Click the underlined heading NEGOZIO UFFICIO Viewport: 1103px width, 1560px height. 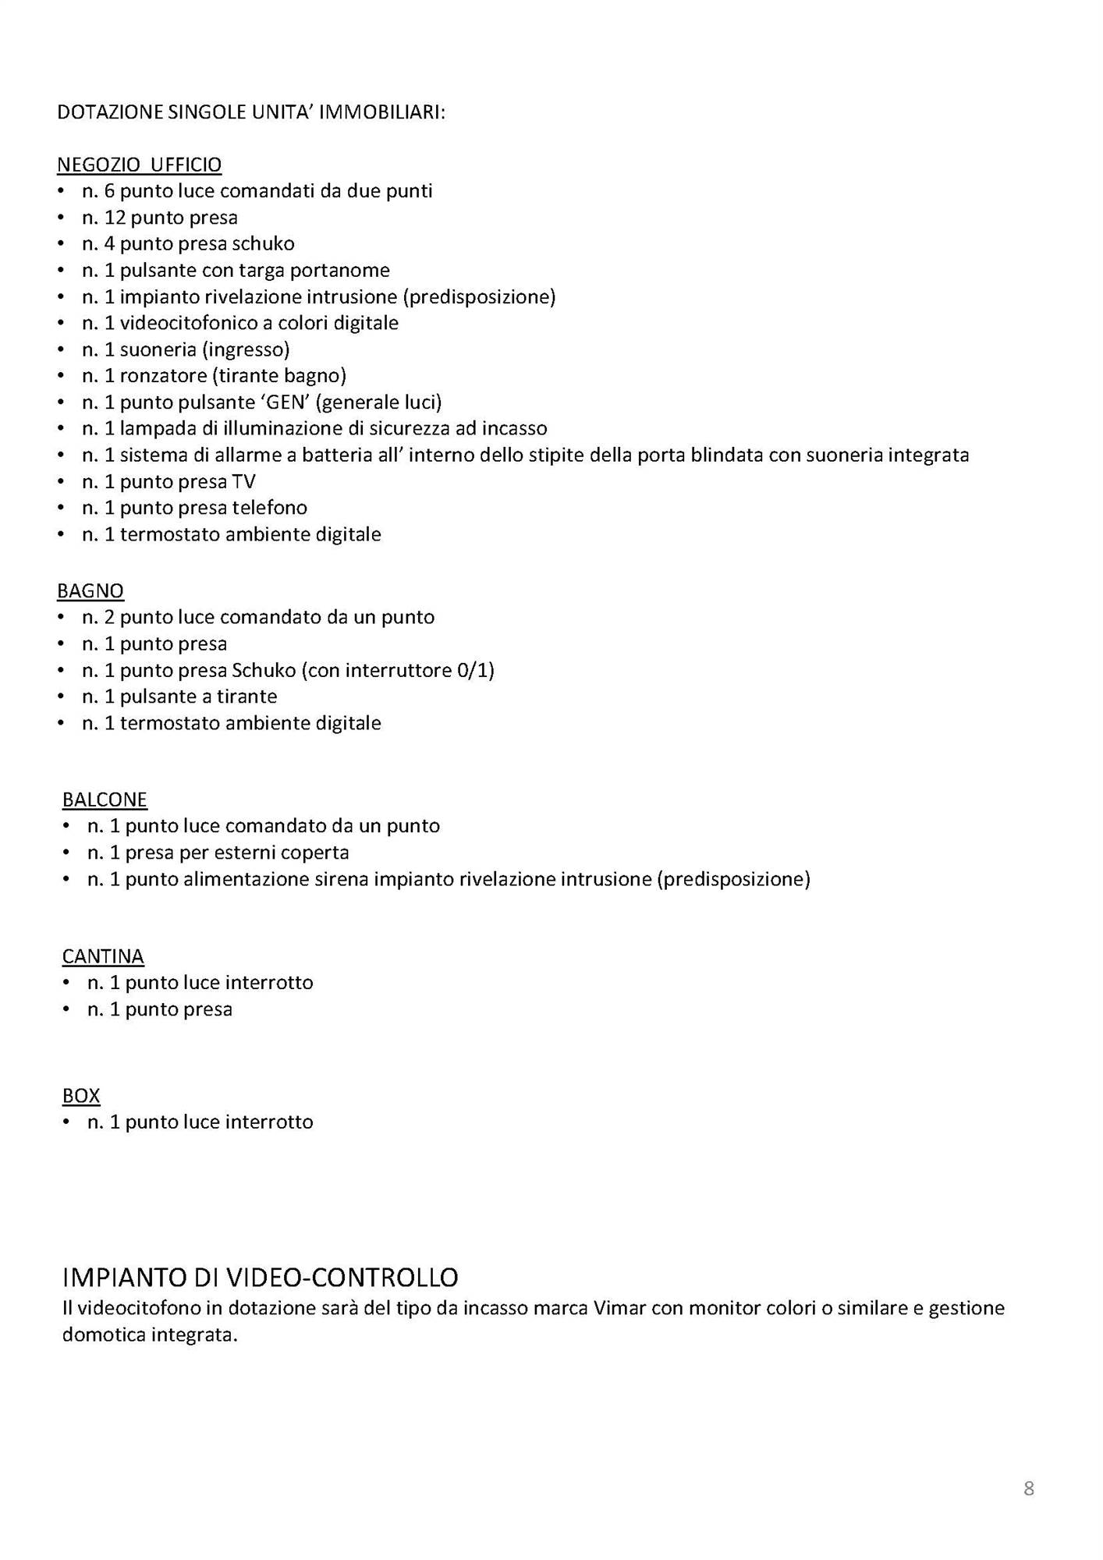tap(139, 165)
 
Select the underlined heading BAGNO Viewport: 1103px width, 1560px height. tap(90, 590)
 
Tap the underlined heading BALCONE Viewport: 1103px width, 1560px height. tap(105, 799)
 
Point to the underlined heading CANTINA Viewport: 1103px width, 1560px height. tap(103, 955)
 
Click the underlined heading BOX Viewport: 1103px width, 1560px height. tap(81, 1095)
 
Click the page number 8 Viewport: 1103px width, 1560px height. tap(1028, 1488)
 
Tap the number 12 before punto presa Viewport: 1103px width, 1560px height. tap(115, 218)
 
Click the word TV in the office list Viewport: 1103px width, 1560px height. tap(243, 482)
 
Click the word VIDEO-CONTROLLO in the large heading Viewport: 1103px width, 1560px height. tap(342, 1277)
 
